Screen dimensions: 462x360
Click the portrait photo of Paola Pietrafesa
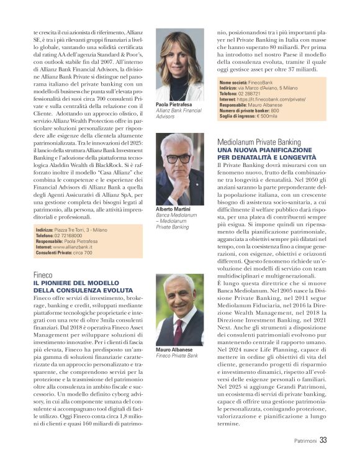tap(179, 65)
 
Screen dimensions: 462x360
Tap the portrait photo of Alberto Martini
tap(179, 170)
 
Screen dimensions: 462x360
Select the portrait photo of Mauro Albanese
tap(179, 310)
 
